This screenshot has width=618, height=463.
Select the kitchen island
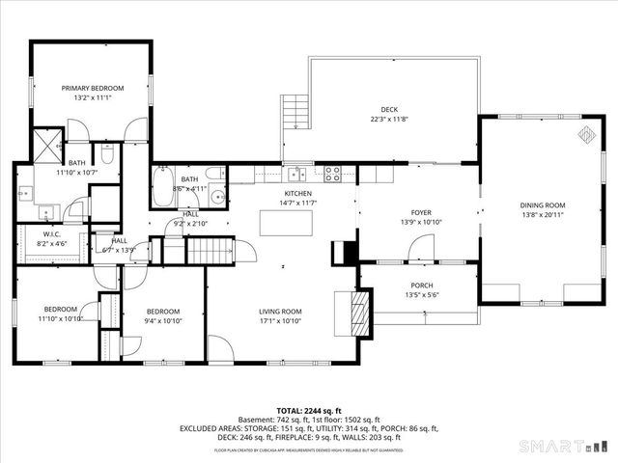click(x=287, y=222)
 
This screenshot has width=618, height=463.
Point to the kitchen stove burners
click(x=332, y=174)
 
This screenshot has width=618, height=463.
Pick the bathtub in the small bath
click(x=162, y=188)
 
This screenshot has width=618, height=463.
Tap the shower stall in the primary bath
click(x=45, y=147)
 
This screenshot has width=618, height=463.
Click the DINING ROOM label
click(x=543, y=205)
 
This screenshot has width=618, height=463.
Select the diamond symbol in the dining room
click(x=585, y=135)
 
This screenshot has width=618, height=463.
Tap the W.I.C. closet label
click(x=52, y=234)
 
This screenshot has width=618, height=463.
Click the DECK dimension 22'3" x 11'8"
click(x=388, y=120)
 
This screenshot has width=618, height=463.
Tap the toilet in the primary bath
click(x=108, y=154)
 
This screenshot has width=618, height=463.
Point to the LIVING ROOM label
click(x=280, y=311)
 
